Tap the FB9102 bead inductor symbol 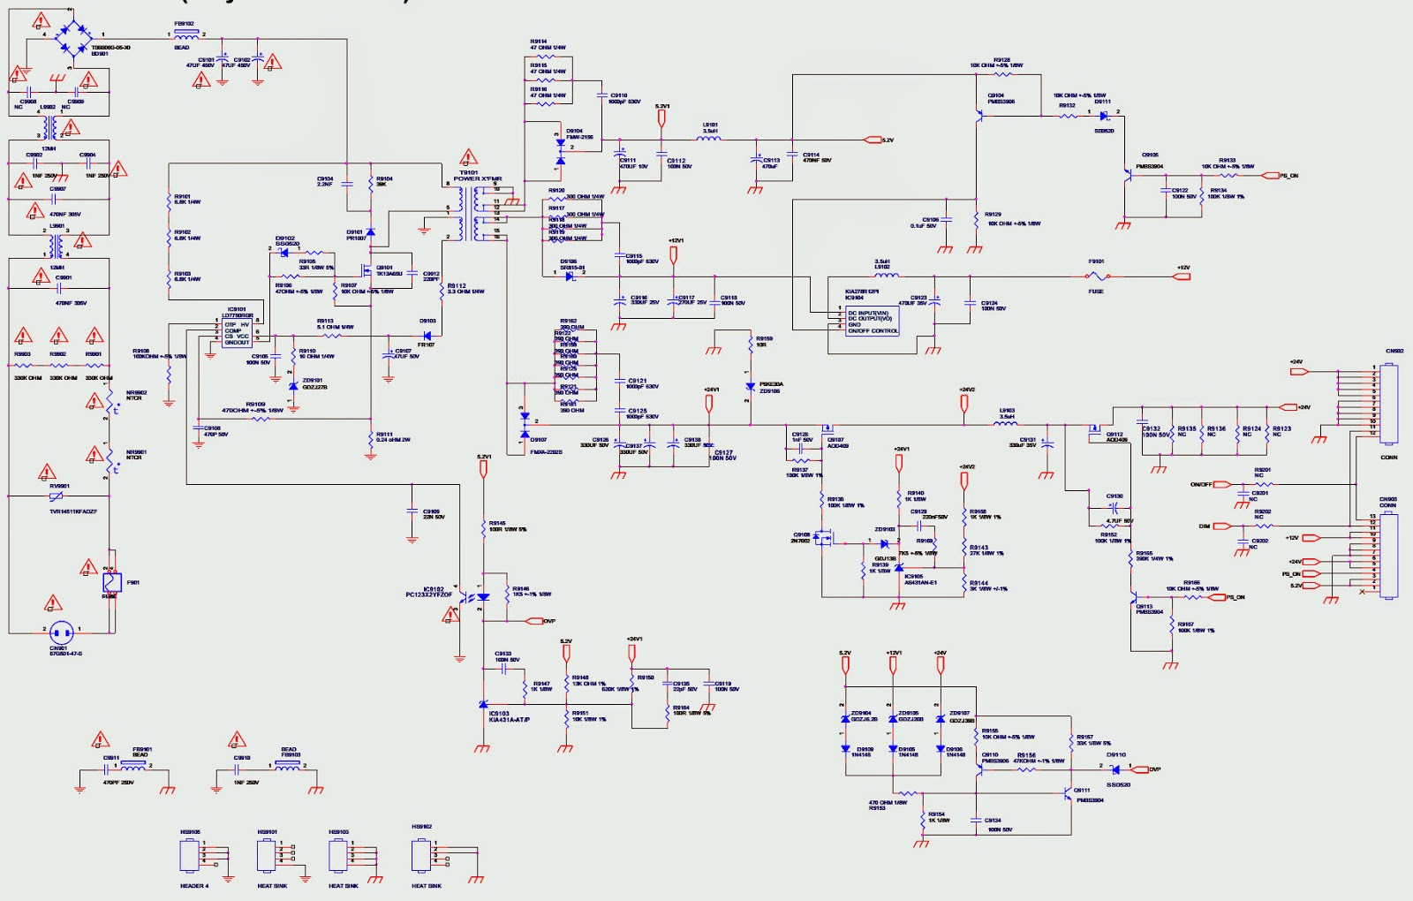tap(186, 35)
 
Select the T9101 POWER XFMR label tap(477, 176)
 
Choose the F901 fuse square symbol tap(112, 582)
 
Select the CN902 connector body tap(1388, 404)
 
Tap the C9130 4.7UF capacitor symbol tap(1113, 508)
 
